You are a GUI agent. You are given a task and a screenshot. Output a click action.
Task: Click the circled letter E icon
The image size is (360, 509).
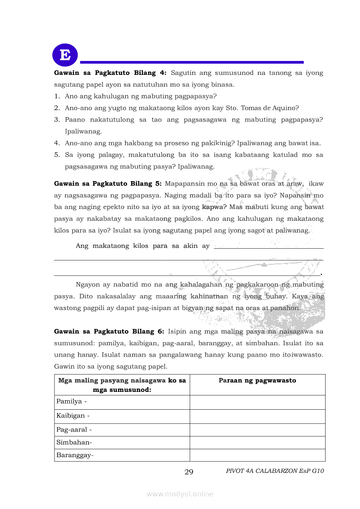pyautogui.click(x=65, y=55)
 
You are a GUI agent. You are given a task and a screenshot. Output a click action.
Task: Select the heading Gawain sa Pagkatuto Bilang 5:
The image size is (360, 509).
pyautogui.click(x=108, y=183)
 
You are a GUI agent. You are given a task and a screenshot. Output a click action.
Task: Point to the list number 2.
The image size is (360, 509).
pyautogui.click(x=57, y=108)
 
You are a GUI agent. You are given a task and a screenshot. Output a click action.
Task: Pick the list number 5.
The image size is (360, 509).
pyautogui.click(x=57, y=155)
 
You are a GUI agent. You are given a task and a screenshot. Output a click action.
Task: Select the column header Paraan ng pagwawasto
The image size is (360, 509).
pyautogui.click(x=257, y=381)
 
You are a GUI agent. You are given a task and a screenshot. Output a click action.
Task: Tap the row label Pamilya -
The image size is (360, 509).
pyautogui.click(x=71, y=401)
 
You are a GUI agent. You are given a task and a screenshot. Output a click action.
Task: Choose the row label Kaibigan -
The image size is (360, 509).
pyautogui.click(x=73, y=416)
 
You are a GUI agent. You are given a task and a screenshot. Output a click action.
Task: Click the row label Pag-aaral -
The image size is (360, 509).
pyautogui.click(x=74, y=430)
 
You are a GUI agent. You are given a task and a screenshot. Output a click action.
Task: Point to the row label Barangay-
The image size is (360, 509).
pyautogui.click(x=75, y=455)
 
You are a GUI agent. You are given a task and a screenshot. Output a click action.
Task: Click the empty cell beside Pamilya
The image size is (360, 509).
pyautogui.click(x=257, y=402)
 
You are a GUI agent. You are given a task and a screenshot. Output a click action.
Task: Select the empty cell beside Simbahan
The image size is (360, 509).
pyautogui.click(x=257, y=442)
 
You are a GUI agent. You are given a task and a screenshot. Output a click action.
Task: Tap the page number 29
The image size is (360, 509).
pyautogui.click(x=189, y=472)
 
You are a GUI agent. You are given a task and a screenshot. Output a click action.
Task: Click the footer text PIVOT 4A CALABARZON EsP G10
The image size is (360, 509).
pyautogui.click(x=275, y=471)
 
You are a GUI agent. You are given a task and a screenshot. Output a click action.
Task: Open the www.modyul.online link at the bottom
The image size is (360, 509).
pyautogui.click(x=180, y=494)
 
